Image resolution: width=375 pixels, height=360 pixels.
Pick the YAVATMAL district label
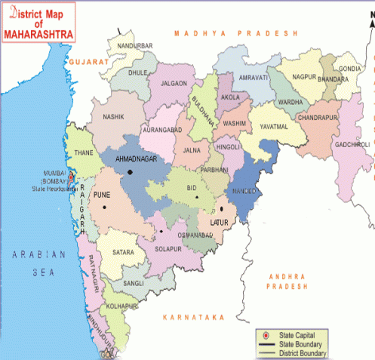pyautogui.click(x=269, y=127)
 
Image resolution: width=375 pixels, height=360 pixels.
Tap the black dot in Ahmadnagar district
pyautogui.click(x=131, y=172)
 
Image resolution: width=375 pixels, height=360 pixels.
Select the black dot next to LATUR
pyautogui.click(x=222, y=209)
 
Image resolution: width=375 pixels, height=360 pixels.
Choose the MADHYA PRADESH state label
pyautogui.click(x=235, y=34)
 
